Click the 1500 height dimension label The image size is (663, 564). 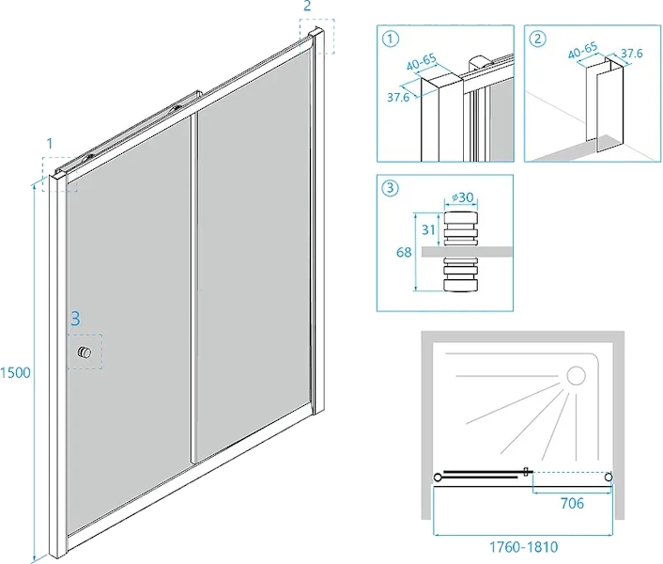[16, 372]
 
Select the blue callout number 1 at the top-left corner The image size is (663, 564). [49, 143]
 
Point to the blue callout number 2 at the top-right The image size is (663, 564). [306, 8]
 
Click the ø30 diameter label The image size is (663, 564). [461, 196]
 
